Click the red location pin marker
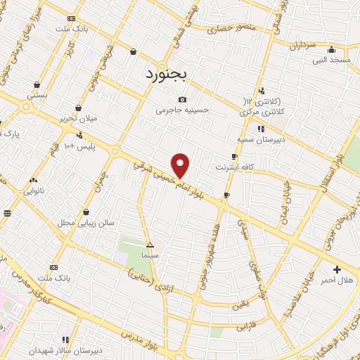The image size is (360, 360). [x=181, y=165]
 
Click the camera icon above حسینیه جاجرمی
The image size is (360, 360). [x=183, y=99]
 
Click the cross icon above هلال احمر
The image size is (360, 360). [x=337, y=269]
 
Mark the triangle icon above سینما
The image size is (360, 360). [x=149, y=245]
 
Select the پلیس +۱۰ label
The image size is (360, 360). [x=79, y=147]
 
